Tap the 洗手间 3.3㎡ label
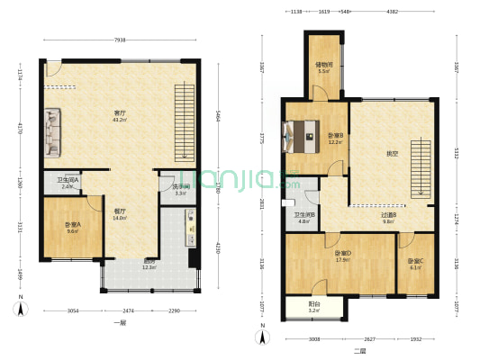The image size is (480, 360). click(x=180, y=190)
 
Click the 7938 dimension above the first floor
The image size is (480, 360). click(x=119, y=40)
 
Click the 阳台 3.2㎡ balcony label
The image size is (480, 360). click(x=312, y=307)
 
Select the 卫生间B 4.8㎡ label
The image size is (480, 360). click(x=303, y=218)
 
